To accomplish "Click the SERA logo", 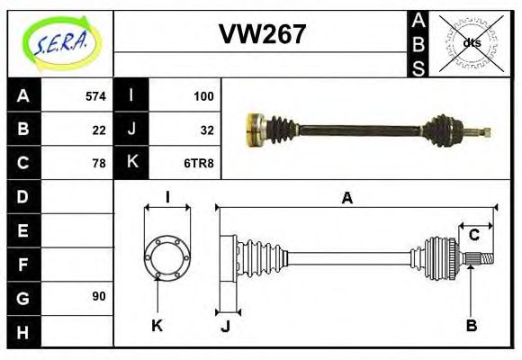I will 59,41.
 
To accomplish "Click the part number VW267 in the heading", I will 262,34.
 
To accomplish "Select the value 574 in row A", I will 95,96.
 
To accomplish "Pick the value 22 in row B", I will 99,130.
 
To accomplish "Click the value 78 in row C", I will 99,163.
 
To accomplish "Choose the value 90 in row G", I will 99,296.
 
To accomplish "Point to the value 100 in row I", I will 202,96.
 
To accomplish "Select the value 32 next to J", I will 206,130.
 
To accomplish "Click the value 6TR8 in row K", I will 199,163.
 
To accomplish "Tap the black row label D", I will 22,196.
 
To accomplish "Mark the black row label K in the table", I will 131,163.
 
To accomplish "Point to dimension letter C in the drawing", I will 473,236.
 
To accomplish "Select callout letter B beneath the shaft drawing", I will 472,326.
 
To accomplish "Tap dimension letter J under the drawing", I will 226,326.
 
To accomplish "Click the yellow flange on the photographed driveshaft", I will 254,129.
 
